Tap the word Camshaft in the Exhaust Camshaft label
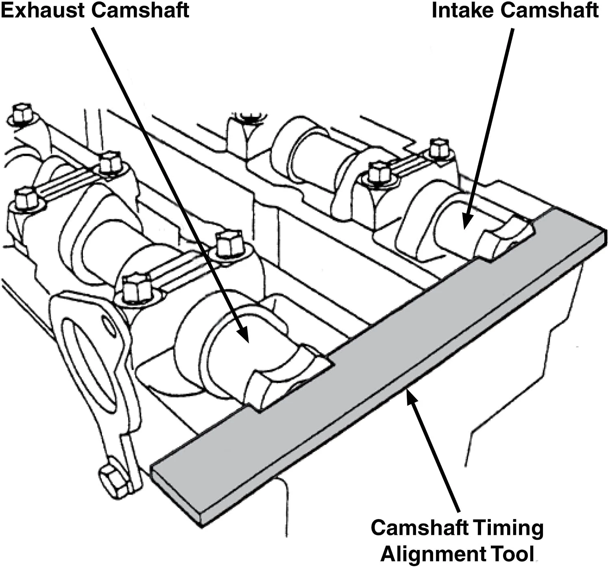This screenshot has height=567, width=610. (x=140, y=10)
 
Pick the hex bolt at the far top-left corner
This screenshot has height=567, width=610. (x=22, y=113)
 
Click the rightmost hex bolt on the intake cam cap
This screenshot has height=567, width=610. (x=439, y=148)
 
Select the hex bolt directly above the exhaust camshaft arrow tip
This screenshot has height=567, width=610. (x=230, y=243)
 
